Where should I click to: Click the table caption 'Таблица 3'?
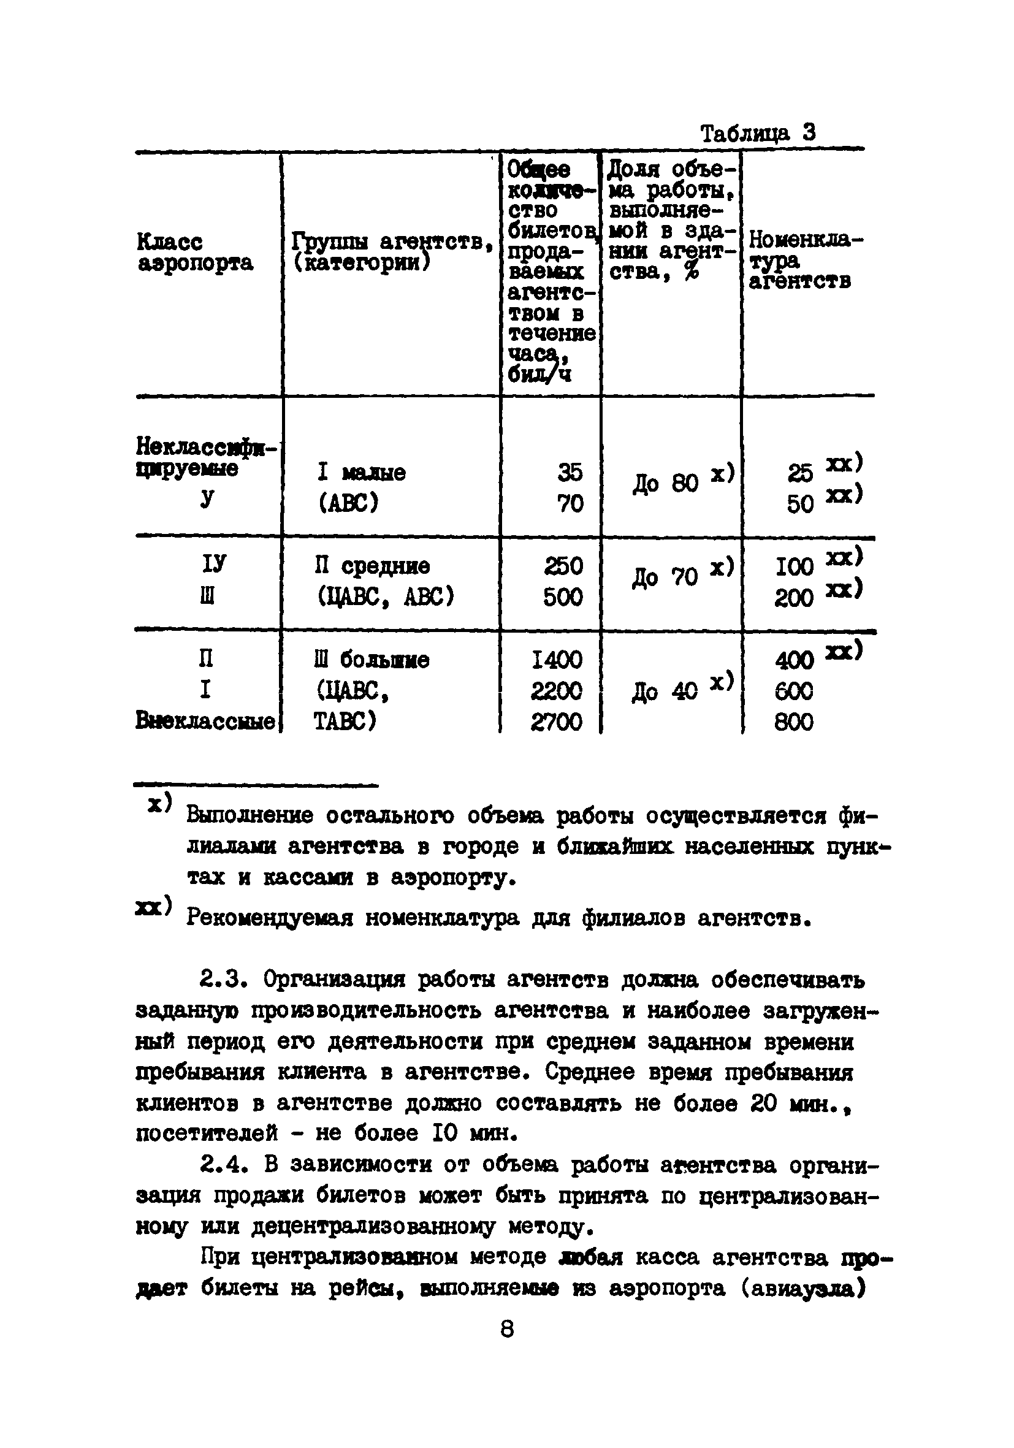click(x=758, y=133)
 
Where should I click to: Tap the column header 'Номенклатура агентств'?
click(x=806, y=260)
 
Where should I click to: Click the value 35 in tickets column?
click(x=570, y=473)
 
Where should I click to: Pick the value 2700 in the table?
click(x=556, y=722)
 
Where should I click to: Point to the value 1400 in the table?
click(x=556, y=660)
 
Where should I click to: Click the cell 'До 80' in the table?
click(x=665, y=484)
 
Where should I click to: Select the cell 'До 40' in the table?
click(x=665, y=692)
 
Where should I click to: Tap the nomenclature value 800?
click(x=794, y=722)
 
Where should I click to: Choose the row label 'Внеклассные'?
click(x=205, y=721)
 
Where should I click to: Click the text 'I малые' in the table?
click(x=361, y=473)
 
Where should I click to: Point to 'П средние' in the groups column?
click(x=372, y=566)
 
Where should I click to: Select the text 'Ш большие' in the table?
click(x=372, y=660)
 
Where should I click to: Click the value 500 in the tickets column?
click(x=563, y=596)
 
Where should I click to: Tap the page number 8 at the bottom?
click(x=507, y=1329)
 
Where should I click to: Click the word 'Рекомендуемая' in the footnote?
click(x=270, y=918)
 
